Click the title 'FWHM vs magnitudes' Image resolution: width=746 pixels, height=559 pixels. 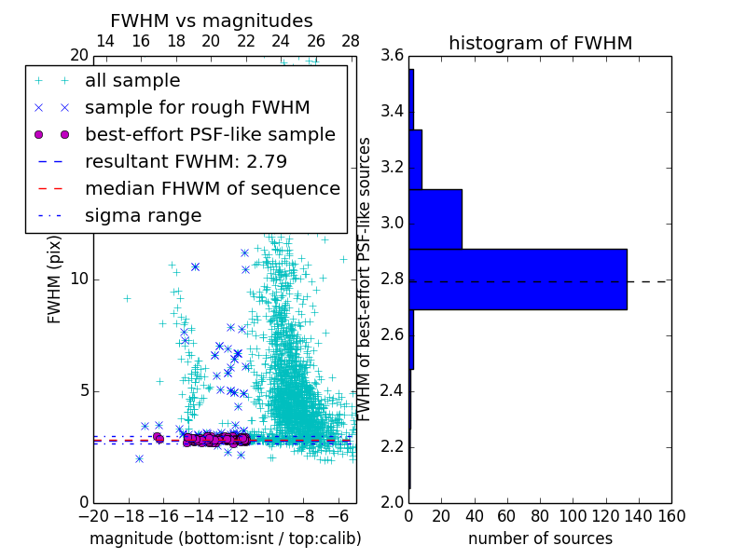[212, 20]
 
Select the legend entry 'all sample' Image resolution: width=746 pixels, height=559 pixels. [132, 81]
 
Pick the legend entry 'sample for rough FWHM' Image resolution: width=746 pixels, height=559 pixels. [198, 108]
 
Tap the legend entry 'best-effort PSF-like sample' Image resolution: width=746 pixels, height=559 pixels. [210, 134]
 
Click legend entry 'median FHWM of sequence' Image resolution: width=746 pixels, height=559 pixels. [213, 188]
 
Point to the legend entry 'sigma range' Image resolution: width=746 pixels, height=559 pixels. [143, 215]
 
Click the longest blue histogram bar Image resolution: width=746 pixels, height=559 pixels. [518, 279]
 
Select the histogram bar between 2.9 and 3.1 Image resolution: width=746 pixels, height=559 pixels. [435, 219]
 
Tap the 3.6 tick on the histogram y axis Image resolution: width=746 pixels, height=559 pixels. [392, 56]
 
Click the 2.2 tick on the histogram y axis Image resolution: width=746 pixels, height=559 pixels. [392, 446]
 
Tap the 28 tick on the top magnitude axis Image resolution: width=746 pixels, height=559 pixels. [351, 41]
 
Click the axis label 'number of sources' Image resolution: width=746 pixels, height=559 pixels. [540, 539]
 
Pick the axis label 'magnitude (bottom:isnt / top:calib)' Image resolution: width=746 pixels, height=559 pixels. [225, 539]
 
